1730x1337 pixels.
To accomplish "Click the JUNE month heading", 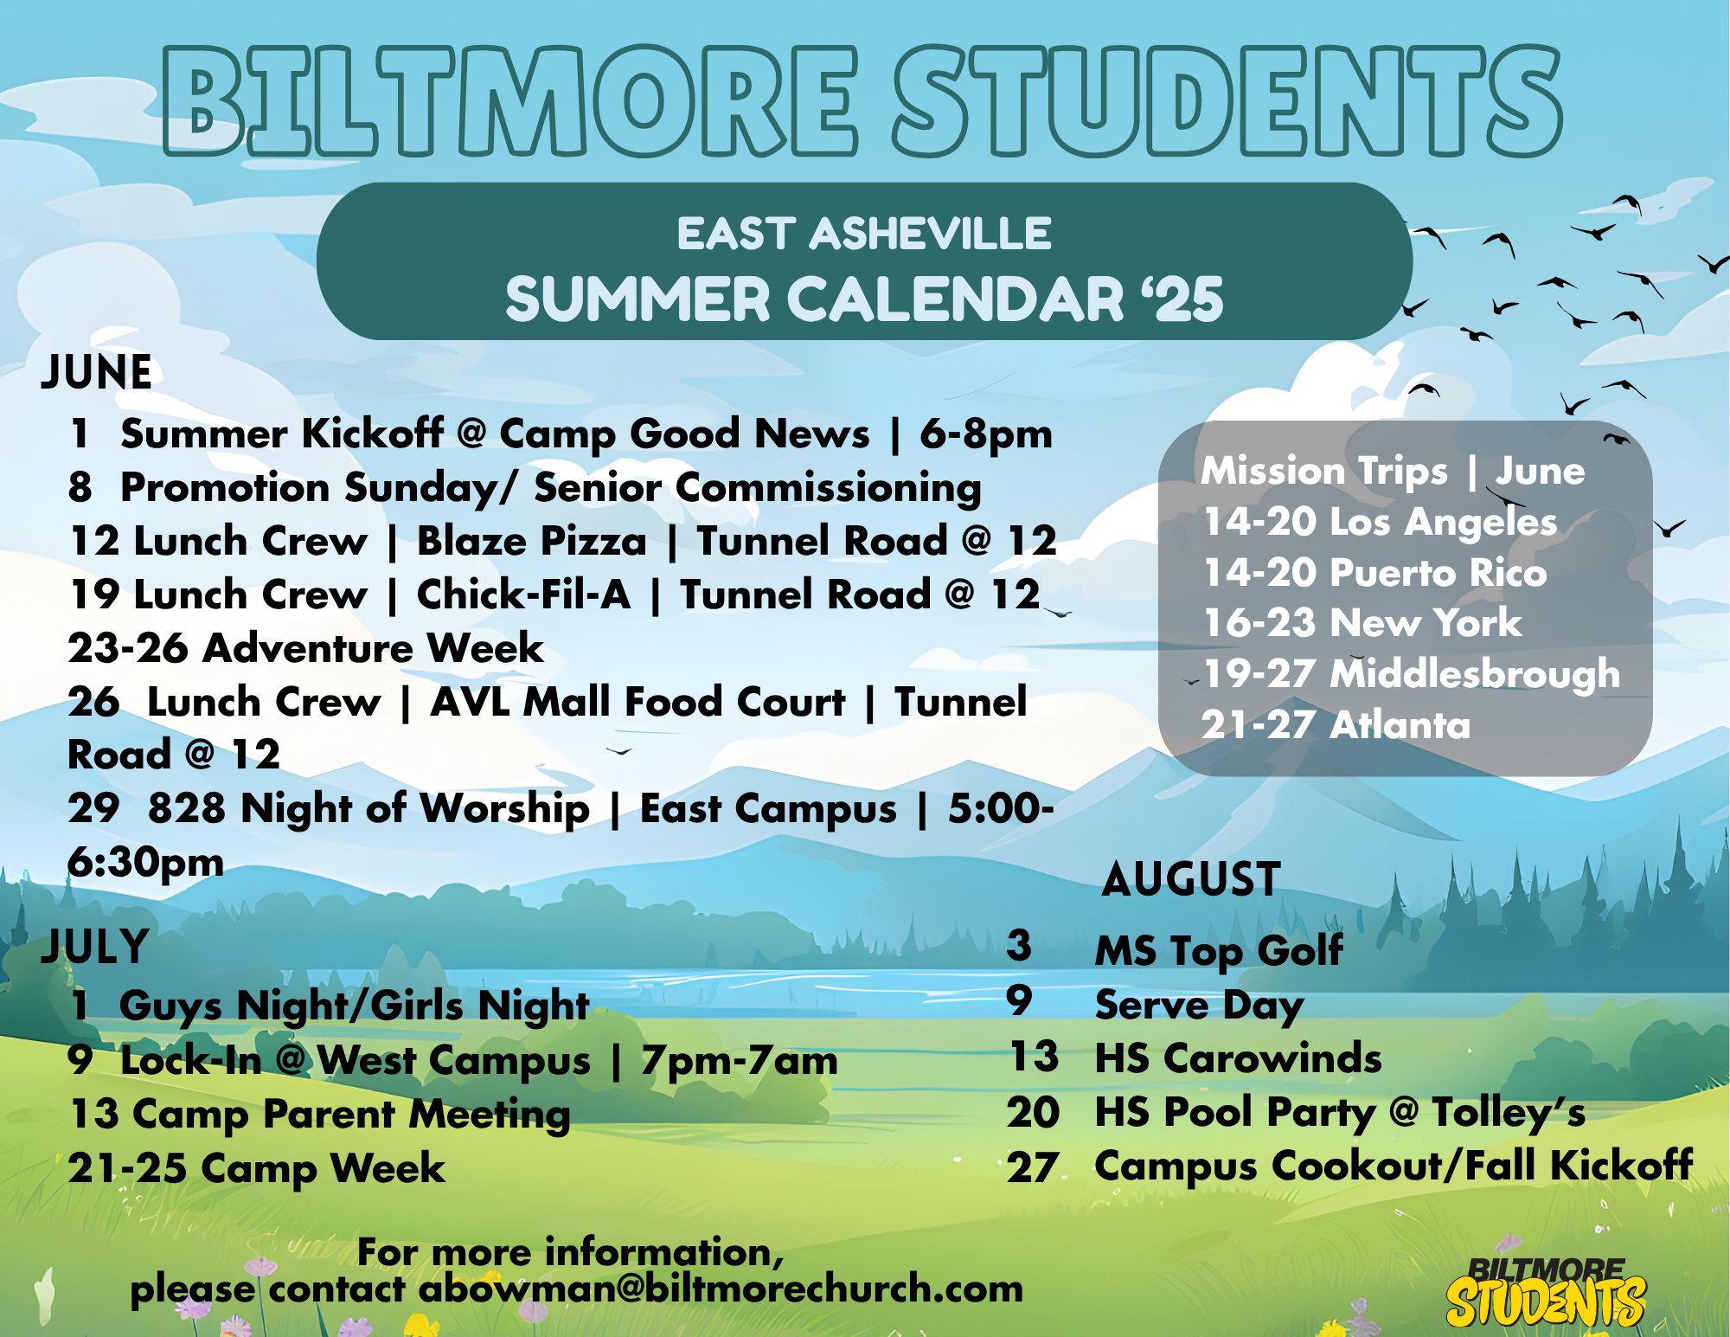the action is point(97,372).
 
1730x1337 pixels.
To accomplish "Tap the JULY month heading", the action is point(95,946).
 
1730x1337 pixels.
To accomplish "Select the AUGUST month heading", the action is point(1191,879).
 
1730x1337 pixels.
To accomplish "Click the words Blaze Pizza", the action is point(531,541).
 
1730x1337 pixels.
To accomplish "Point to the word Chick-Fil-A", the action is point(523,595).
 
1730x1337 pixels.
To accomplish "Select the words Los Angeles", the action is point(1443,522).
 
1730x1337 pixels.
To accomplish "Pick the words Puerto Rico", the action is point(1438,573).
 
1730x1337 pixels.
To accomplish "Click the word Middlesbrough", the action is point(1474,674).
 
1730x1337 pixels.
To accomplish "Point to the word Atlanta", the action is point(1400,724).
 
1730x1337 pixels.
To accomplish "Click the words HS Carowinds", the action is point(1238,1057).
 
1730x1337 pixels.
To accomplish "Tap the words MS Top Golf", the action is point(1219,951).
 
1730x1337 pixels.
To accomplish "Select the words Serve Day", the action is point(1199,1006).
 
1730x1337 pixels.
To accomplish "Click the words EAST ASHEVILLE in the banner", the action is point(864,234).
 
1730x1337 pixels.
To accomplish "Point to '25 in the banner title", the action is point(1182,299).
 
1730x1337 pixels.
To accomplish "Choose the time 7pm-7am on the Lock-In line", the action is point(740,1061).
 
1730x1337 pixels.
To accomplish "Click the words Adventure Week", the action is point(373,648).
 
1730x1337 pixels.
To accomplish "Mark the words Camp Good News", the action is point(684,434).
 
